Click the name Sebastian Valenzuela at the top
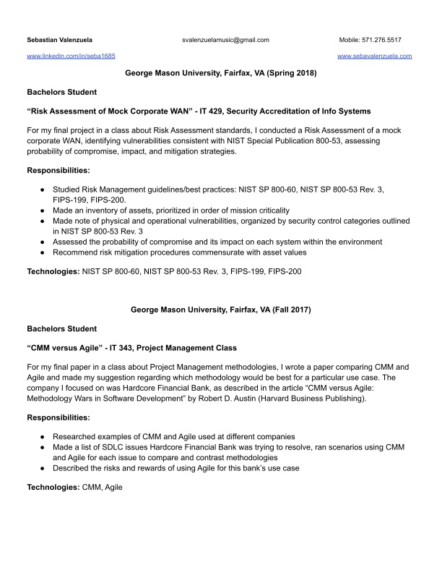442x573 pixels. pos(59,40)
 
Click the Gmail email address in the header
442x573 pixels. pos(225,40)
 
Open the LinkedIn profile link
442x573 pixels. pos(71,56)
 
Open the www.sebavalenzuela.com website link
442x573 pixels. pos(374,56)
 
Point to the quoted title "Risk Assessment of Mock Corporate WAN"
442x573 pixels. pos(126,111)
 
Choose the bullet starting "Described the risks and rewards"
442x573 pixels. pos(176,468)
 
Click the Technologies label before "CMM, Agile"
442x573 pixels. pos(53,488)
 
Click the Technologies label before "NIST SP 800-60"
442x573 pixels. pos(53,271)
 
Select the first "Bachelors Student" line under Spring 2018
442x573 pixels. pos(61,93)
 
